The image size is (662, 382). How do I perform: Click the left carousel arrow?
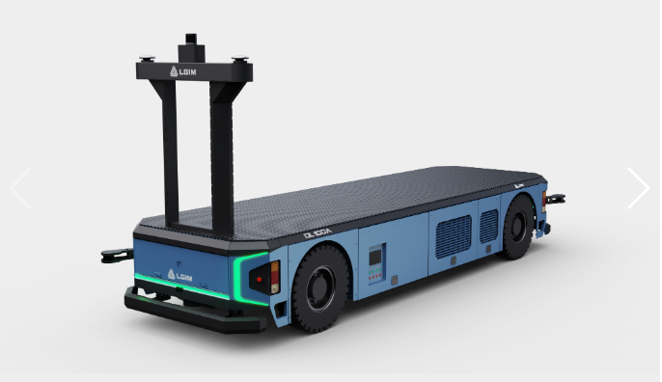point(20,188)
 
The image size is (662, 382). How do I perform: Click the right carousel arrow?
point(638,188)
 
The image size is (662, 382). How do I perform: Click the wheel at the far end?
point(517,228)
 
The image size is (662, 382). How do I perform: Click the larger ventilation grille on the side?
point(453,236)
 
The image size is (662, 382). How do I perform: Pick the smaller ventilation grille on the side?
point(489,226)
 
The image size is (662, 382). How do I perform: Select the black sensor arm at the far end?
point(555,200)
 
